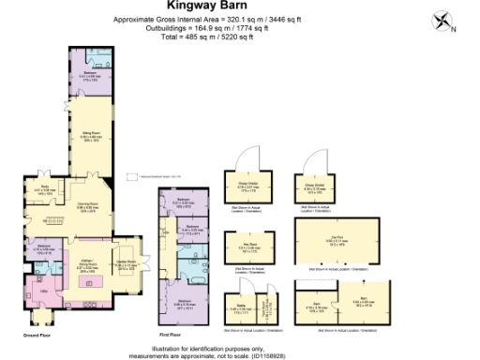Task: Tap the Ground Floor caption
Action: pos(36,335)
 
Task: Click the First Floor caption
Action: pos(169,335)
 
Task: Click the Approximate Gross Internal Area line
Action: pos(239,18)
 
